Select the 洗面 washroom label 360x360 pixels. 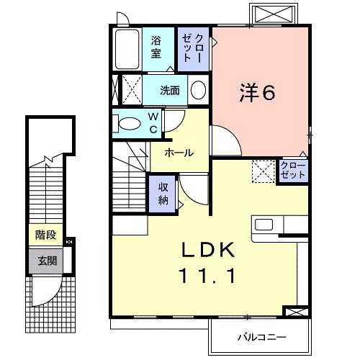(x=170, y=91)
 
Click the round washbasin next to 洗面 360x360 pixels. (x=198, y=91)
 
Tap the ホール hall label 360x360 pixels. (x=178, y=153)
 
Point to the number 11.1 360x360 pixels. (x=207, y=275)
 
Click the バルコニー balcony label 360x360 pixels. (x=262, y=336)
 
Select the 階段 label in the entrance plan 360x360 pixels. (x=46, y=235)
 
